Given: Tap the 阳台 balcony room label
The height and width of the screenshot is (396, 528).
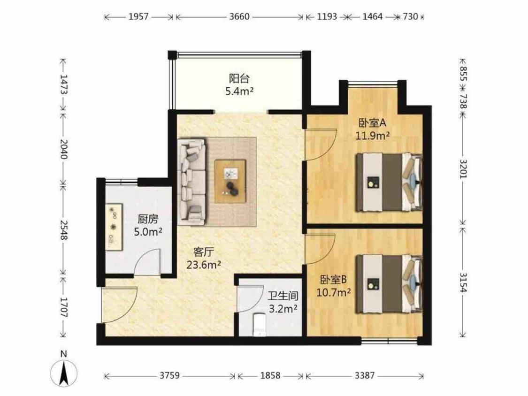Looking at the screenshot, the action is click(239, 79).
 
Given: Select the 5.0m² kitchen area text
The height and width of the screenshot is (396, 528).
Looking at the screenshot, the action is click(148, 232).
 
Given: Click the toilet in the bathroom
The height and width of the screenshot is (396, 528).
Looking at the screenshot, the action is click(259, 325).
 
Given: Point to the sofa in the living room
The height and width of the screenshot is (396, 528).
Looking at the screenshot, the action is click(191, 182).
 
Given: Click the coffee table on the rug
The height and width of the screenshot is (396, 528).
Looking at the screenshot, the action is click(230, 181).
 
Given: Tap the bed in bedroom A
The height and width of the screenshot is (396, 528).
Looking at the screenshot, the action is click(389, 182).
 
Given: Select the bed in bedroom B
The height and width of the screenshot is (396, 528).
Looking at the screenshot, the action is click(389, 284).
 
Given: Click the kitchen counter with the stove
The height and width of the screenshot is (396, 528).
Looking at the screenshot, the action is click(114, 227).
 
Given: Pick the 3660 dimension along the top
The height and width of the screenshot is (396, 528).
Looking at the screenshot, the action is click(239, 16).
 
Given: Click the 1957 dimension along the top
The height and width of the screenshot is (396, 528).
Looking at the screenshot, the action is click(138, 16).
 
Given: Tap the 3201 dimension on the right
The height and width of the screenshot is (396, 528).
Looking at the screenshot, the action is click(463, 169).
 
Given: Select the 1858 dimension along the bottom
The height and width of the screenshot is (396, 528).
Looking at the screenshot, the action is click(270, 375).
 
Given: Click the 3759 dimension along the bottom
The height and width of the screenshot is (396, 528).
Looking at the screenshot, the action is click(169, 375).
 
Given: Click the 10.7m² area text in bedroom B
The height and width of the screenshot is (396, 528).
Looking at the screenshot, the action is click(334, 292).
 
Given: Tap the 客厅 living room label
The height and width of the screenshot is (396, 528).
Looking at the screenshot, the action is click(203, 252).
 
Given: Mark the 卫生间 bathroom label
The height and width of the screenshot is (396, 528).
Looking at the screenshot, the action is click(283, 296).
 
